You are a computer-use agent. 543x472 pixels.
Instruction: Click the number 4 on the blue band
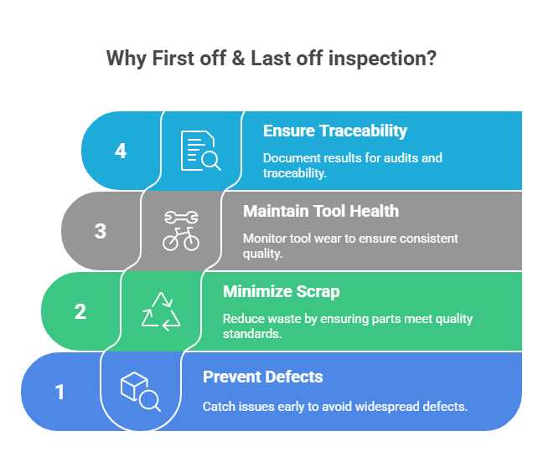pos(121,151)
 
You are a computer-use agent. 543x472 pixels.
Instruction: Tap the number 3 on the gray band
pos(101,231)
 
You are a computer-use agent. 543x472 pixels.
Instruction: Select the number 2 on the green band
pos(80,311)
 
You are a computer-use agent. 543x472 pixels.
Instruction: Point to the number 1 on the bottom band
pos(59,392)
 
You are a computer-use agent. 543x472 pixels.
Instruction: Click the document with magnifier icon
pos(201,151)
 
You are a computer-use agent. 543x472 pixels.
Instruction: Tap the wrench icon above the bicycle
pos(181,217)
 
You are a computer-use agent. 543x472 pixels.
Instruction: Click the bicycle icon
pos(181,239)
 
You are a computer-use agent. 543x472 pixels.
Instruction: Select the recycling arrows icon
pos(161,311)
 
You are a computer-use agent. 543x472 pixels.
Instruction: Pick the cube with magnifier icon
pos(141,392)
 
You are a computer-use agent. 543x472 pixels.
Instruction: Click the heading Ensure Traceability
pos(335,131)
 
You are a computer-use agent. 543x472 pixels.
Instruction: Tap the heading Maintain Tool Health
pos(321,211)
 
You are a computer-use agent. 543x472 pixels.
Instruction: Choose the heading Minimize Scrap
pos(282,291)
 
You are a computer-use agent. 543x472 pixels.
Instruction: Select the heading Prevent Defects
pos(263,377)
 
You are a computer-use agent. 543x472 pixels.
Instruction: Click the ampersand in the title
pos(238,58)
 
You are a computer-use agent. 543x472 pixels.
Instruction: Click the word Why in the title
pos(127,59)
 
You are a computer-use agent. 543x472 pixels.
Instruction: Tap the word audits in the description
pos(401,158)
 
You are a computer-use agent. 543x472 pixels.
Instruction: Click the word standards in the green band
pos(252,334)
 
